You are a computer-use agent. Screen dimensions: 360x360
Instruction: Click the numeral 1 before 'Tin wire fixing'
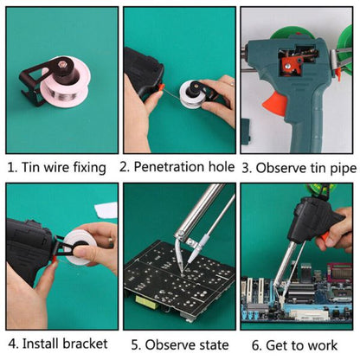[9, 166]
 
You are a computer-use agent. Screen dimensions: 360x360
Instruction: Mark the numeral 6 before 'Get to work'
[256, 344]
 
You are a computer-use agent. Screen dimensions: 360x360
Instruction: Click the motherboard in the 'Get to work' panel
[286, 303]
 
